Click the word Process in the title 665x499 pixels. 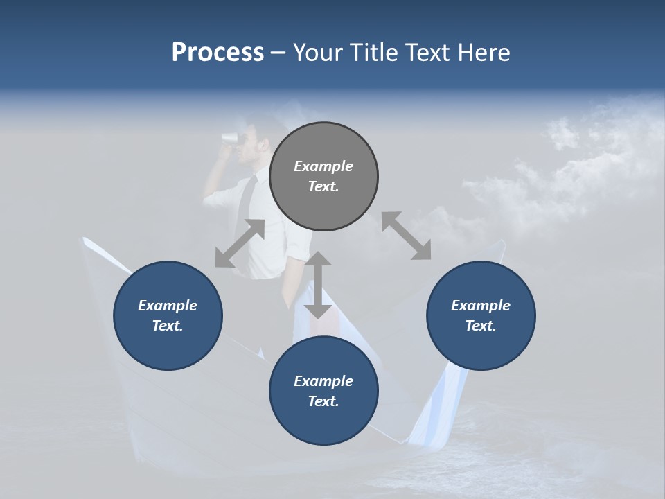click(x=218, y=52)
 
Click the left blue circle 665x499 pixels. click(x=168, y=315)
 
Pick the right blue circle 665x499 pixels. click(x=481, y=315)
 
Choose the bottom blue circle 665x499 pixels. click(x=323, y=391)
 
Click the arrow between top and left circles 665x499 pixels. click(x=240, y=243)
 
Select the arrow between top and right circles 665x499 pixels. click(x=406, y=236)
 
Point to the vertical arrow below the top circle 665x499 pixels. click(x=318, y=285)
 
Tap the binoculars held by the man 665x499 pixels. click(x=230, y=137)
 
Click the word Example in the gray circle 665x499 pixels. click(x=323, y=166)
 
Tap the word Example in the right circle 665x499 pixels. click(x=481, y=306)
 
